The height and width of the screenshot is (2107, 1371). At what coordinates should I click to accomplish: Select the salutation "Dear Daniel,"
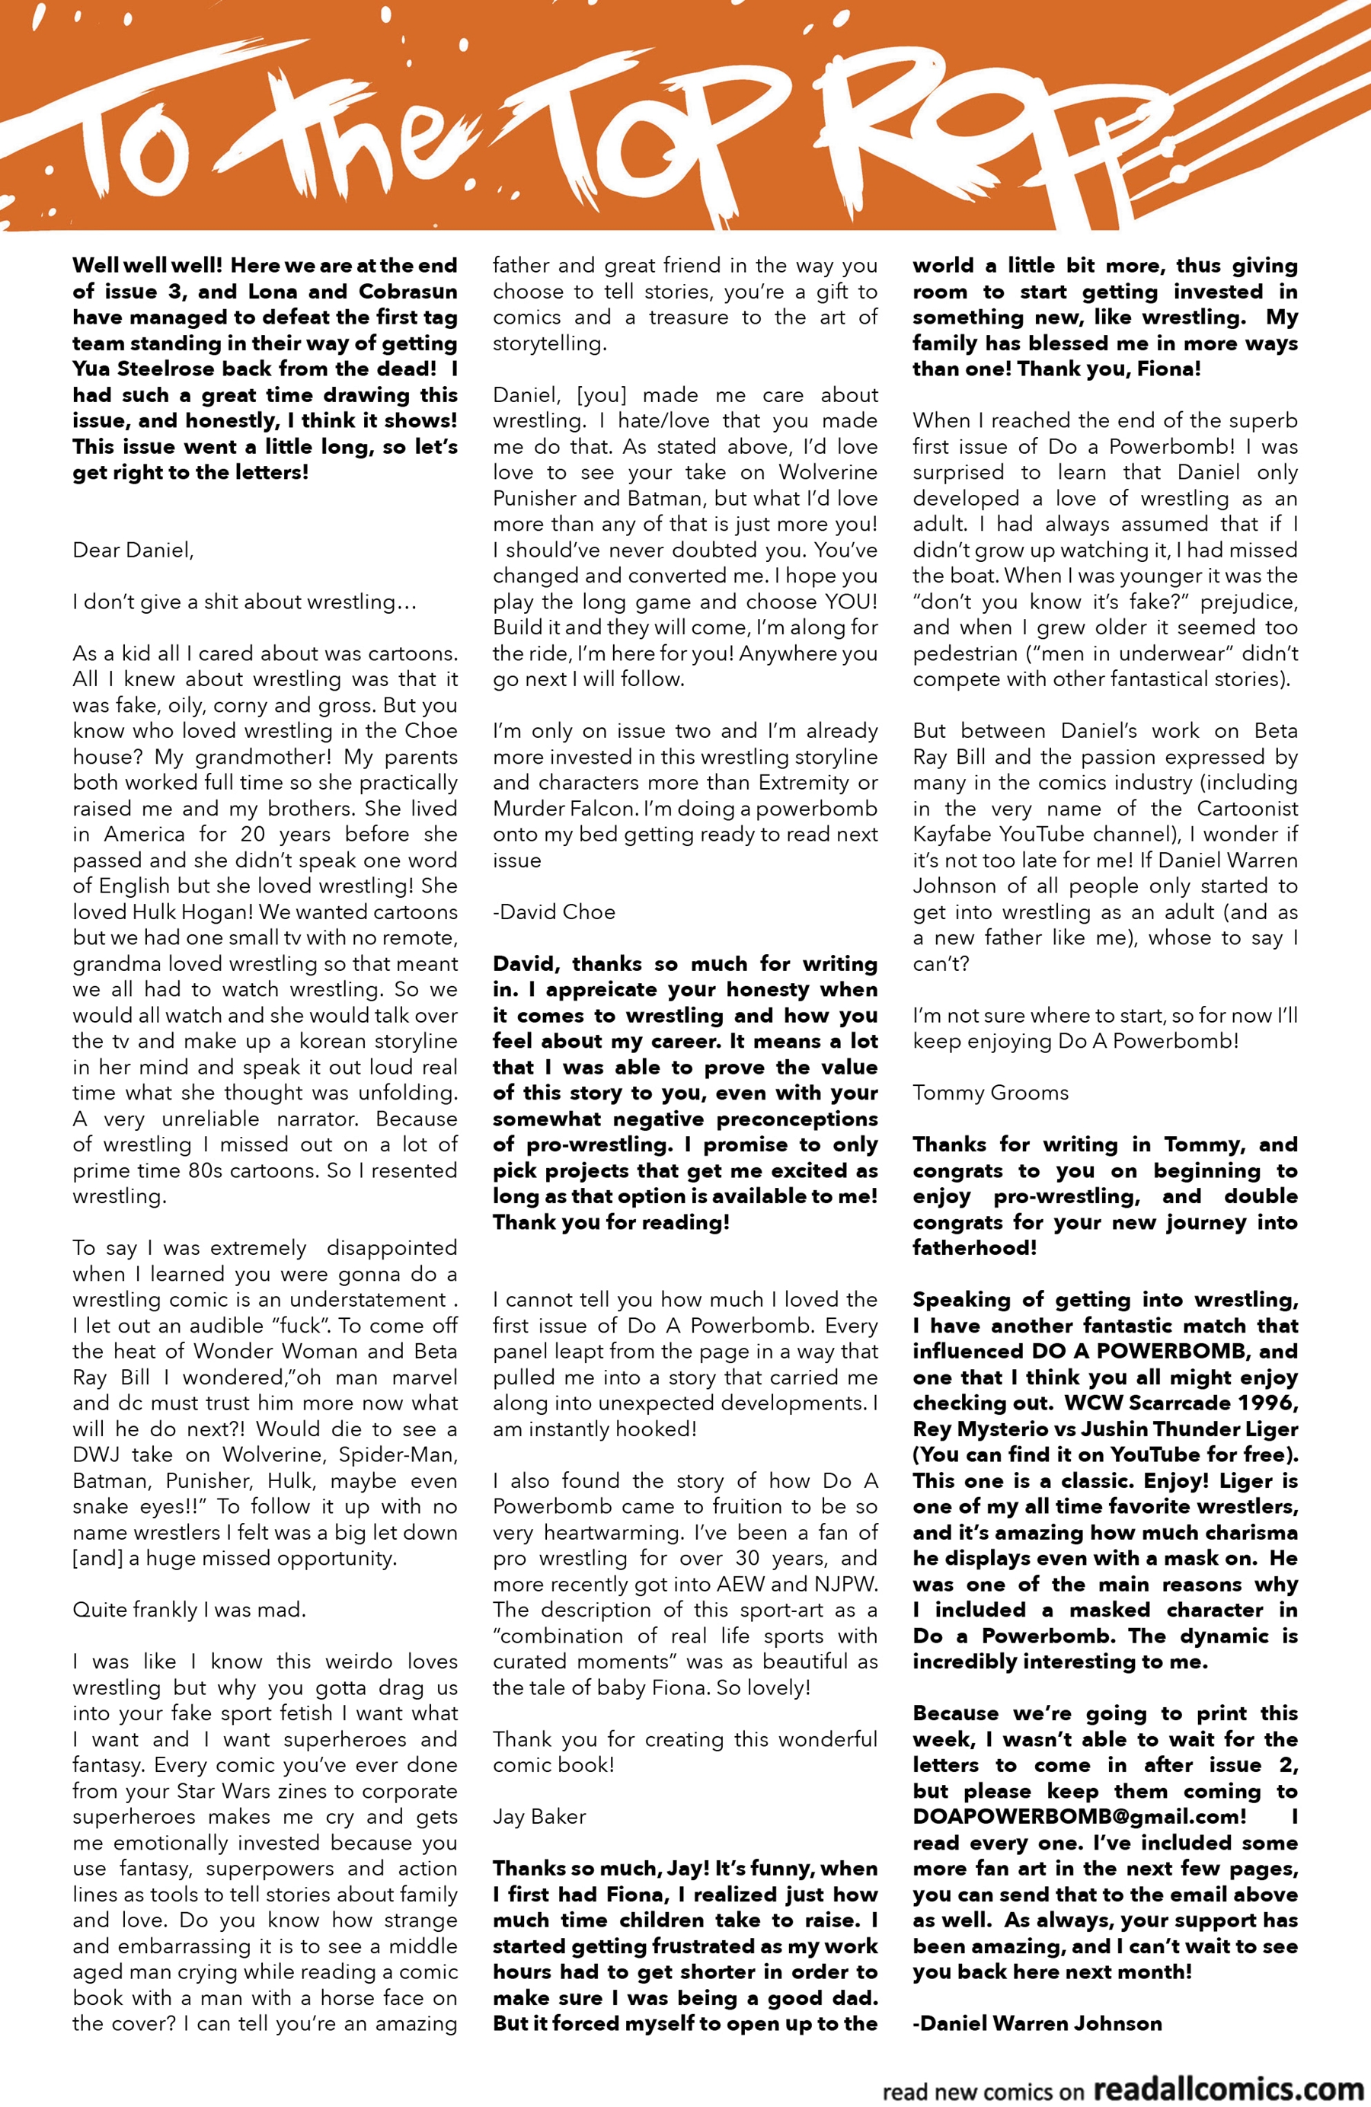(x=133, y=550)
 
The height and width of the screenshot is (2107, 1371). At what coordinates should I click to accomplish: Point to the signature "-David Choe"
(x=554, y=911)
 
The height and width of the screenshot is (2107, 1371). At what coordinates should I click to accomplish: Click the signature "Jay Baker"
(x=539, y=1817)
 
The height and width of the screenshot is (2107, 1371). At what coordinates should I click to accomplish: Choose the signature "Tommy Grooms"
(x=990, y=1093)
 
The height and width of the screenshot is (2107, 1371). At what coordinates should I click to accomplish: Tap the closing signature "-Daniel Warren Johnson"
(x=1037, y=2023)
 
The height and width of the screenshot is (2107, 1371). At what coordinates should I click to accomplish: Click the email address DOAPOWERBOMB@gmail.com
(x=1079, y=1817)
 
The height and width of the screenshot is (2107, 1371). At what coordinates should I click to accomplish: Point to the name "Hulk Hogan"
(x=197, y=911)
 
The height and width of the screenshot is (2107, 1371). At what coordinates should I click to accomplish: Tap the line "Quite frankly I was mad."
(x=189, y=1610)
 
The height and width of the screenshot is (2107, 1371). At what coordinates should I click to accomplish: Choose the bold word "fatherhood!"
(x=974, y=1247)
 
